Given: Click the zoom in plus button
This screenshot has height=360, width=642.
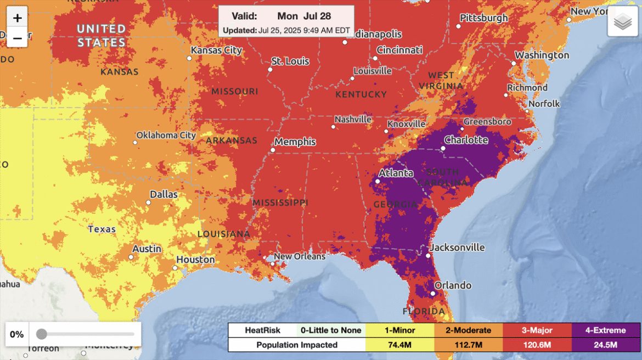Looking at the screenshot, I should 18,18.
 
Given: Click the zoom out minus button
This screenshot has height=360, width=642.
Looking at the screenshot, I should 18,38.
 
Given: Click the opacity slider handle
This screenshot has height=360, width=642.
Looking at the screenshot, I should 41,334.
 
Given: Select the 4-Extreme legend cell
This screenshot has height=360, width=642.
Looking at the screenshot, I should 605,330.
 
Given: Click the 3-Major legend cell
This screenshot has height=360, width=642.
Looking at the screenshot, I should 537,330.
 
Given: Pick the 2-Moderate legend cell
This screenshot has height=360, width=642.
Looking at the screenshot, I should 468,330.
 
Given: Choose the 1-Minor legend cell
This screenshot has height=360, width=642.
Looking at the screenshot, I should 399,330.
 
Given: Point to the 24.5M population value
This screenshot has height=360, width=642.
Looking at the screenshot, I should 605,345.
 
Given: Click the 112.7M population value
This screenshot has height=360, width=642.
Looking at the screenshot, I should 468,345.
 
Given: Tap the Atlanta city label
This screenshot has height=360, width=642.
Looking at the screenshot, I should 397,173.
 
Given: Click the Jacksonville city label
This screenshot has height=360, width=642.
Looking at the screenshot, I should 457,248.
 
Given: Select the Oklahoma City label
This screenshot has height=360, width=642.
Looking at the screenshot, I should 166,135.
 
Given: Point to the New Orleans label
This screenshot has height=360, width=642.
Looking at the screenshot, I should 300,256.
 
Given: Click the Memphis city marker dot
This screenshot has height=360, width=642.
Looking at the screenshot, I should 273,150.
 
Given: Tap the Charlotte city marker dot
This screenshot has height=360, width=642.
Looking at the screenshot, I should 443,148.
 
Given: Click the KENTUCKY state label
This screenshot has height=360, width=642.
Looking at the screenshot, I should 361,94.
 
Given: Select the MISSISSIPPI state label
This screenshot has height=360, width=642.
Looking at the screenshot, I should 280,203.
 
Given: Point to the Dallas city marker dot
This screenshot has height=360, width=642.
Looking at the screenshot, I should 148,203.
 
